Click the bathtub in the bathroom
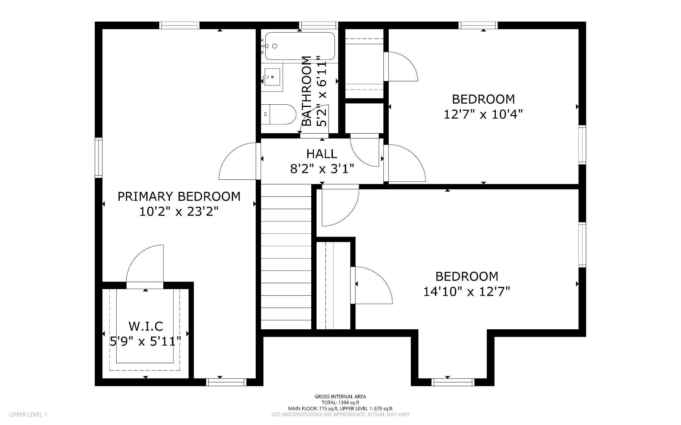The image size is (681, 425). (x=300, y=46)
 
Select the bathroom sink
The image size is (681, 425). (x=272, y=77)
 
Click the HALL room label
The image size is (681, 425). (x=322, y=154)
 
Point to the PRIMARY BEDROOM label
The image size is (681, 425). (x=179, y=196)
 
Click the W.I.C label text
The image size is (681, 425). (x=146, y=326)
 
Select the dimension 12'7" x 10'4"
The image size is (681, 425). (x=483, y=114)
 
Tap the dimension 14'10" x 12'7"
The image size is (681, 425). (x=467, y=292)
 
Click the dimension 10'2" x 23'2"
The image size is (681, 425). (x=179, y=212)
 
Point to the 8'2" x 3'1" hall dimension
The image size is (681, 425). (x=322, y=169)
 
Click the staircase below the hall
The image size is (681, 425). (x=286, y=257)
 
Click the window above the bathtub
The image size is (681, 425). (x=318, y=25)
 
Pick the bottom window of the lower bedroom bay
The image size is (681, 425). (x=453, y=382)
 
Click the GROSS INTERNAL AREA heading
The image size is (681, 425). (x=340, y=396)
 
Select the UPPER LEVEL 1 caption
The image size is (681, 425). (x=28, y=414)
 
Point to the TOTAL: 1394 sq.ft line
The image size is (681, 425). (x=340, y=402)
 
